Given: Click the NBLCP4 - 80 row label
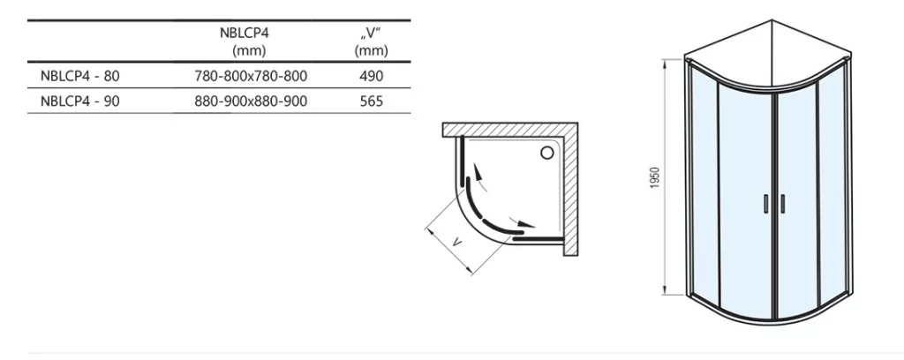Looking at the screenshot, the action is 80,76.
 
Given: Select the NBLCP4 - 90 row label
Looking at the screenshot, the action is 80,101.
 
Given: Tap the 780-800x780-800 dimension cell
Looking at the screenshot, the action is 251,76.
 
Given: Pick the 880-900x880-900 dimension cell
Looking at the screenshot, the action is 251,101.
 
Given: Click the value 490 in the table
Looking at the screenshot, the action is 372,76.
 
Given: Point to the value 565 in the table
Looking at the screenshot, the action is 372,101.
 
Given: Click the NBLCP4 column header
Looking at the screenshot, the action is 245,33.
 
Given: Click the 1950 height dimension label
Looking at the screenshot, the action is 657,179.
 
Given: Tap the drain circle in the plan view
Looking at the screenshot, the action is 546,152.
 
